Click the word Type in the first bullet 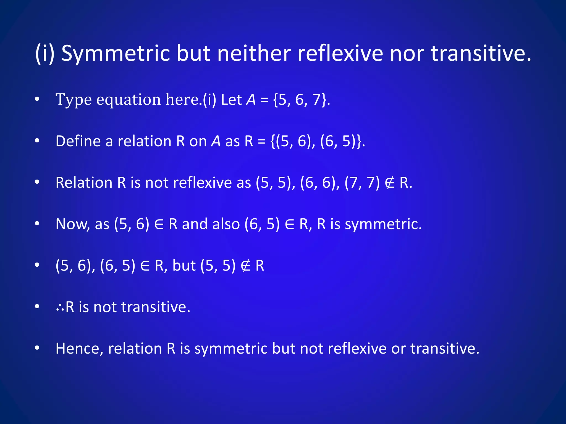(x=74, y=100)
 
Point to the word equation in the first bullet (x=129, y=100)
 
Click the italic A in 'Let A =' (x=251, y=100)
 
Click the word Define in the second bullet (x=78, y=141)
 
